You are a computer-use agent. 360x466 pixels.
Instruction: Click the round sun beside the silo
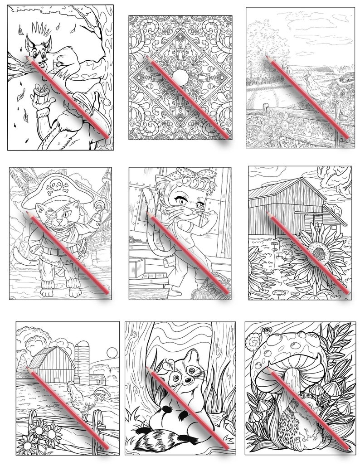click(111, 353)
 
